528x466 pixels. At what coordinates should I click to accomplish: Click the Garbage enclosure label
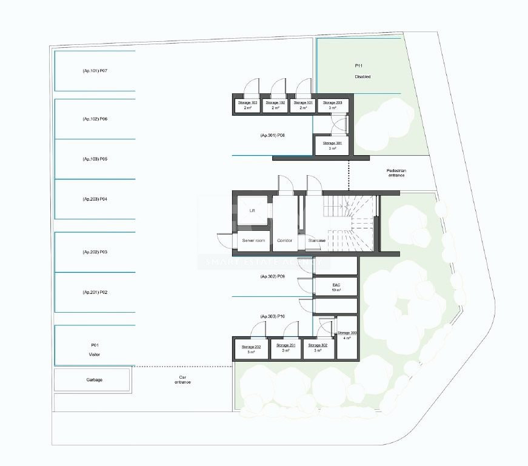pyautogui.click(x=94, y=380)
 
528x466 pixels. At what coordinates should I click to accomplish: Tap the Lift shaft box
pyautogui.click(x=252, y=210)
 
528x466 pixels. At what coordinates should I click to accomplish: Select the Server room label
pyautogui.click(x=253, y=241)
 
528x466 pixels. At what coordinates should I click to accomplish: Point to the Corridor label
pyautogui.click(x=284, y=241)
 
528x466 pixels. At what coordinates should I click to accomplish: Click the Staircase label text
pyautogui.click(x=317, y=241)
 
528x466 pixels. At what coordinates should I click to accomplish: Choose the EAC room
pyautogui.click(x=336, y=287)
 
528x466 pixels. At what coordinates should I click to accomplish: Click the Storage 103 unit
pyautogui.click(x=247, y=105)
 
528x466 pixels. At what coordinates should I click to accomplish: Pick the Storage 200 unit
pyautogui.click(x=333, y=105)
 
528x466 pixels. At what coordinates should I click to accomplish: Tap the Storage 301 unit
pyautogui.click(x=332, y=145)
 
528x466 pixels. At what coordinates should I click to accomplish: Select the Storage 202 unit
pyautogui.click(x=251, y=349)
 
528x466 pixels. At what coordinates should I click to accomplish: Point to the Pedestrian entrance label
pyautogui.click(x=396, y=173)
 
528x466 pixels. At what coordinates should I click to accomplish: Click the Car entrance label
pyautogui.click(x=182, y=379)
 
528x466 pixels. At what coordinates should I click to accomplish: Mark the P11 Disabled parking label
pyautogui.click(x=363, y=71)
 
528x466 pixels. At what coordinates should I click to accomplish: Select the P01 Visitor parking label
pyautogui.click(x=94, y=350)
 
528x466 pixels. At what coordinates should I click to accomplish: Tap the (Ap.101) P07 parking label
pyautogui.click(x=95, y=71)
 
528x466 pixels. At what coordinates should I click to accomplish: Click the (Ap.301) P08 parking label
pyautogui.click(x=272, y=135)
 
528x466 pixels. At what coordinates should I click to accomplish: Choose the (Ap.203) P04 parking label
pyautogui.click(x=95, y=199)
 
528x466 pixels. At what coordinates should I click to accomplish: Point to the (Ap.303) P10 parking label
pyautogui.click(x=272, y=316)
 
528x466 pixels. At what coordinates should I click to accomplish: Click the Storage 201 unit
pyautogui.click(x=286, y=348)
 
